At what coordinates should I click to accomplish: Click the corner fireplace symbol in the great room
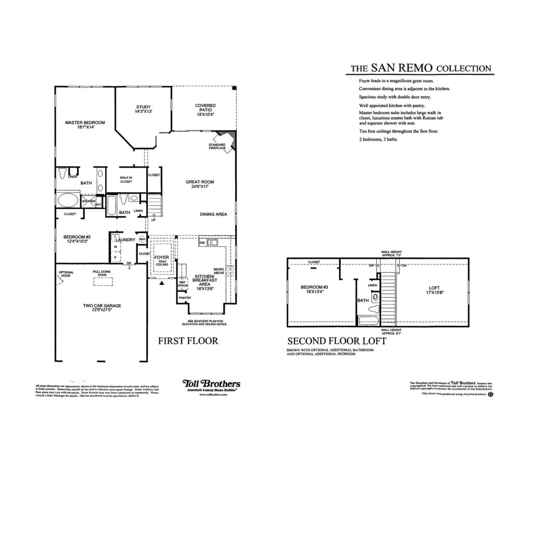231,138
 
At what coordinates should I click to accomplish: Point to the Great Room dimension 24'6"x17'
200,186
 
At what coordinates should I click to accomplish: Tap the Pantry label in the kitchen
185,298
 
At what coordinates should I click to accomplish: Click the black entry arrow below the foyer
162,284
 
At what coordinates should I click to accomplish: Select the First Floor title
188,341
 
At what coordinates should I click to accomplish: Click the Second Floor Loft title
337,341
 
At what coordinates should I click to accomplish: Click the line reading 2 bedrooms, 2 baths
378,139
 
